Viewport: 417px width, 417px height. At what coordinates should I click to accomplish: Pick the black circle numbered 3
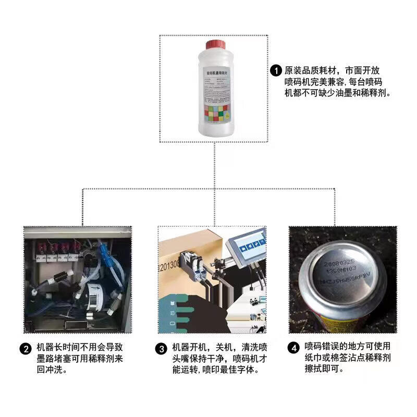[x=163, y=349]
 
